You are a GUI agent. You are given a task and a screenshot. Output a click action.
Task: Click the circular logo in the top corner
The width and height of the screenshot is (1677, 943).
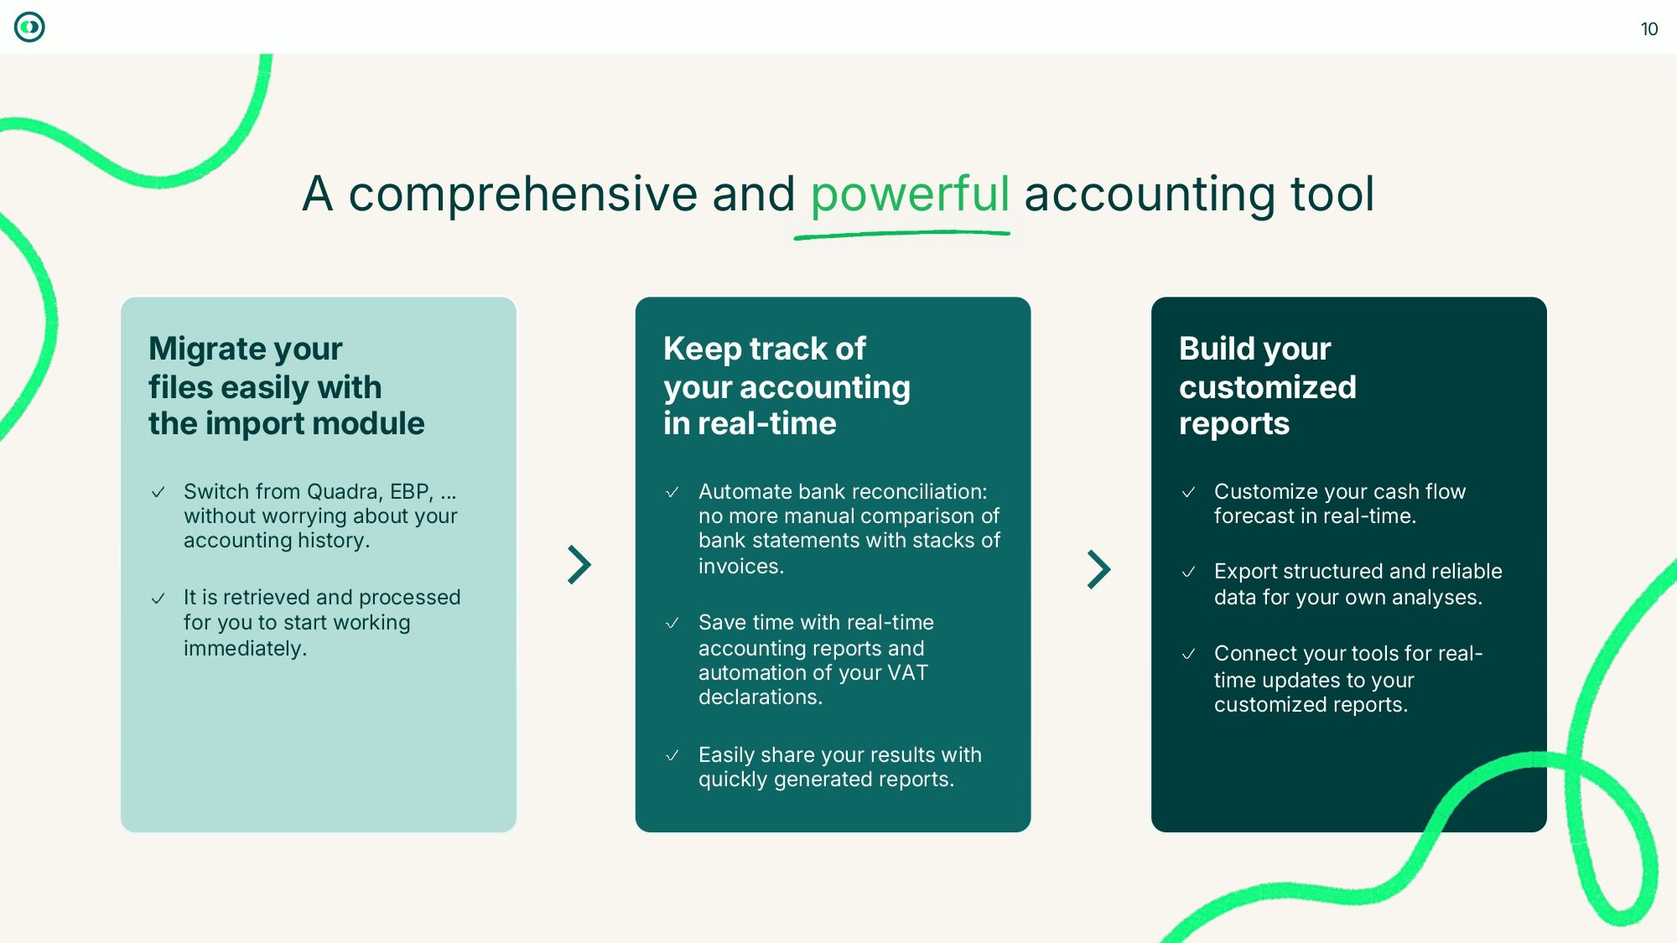29,28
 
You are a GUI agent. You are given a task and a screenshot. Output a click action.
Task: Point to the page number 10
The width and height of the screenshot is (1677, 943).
1648,29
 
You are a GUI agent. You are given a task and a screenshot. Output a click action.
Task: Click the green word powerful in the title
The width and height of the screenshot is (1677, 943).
910,194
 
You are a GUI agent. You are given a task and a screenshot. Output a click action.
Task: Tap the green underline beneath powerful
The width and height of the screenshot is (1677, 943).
901,235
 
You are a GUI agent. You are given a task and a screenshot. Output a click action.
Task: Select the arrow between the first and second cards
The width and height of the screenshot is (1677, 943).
579,565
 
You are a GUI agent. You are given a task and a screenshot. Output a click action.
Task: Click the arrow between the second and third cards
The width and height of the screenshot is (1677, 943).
1098,569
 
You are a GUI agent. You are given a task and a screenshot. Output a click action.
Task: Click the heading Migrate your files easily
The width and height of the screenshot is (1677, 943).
286,386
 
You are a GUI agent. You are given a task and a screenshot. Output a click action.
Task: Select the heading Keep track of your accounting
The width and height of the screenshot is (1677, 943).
786,386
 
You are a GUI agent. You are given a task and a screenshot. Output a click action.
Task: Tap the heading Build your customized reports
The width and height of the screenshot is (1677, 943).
1267,386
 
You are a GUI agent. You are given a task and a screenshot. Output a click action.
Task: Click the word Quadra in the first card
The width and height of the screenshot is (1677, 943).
341,491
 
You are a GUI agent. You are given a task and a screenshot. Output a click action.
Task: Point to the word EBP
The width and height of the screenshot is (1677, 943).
411,491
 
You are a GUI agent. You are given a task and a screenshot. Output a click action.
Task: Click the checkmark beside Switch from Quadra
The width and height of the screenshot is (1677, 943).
158,492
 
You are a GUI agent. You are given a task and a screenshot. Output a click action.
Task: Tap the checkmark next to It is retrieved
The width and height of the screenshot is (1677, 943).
158,598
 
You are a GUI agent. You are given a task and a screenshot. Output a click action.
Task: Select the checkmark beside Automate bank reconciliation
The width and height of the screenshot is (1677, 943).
672,492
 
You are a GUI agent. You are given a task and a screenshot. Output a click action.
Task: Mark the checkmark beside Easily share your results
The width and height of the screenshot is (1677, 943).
672,755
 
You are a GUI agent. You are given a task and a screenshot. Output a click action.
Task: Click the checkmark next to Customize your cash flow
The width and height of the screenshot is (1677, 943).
1188,492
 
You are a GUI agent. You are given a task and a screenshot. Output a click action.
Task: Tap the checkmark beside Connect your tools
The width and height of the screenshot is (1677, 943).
1188,654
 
